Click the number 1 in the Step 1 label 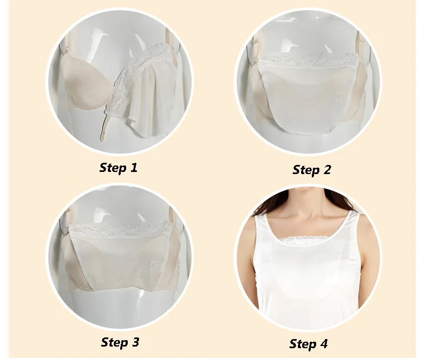pyautogui.click(x=133, y=168)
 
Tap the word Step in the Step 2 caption pyautogui.click(x=305, y=170)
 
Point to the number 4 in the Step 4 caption pyautogui.click(x=324, y=344)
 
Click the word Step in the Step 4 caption pyautogui.click(x=302, y=344)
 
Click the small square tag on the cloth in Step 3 pyautogui.click(x=156, y=264)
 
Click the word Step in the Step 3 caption pyautogui.click(x=114, y=342)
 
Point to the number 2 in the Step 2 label pyautogui.click(x=326, y=170)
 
